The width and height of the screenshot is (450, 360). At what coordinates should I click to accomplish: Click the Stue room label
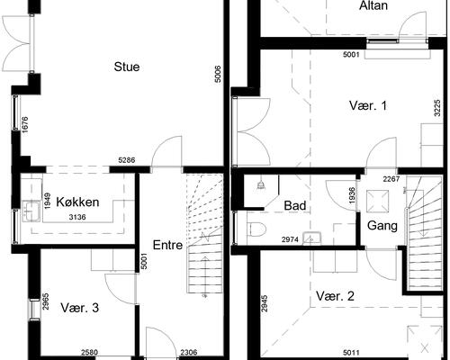point(127,67)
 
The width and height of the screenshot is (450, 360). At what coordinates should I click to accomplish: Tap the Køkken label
point(77,202)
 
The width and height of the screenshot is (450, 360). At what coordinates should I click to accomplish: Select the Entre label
point(167,245)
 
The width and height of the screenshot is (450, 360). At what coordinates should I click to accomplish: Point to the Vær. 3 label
point(79,308)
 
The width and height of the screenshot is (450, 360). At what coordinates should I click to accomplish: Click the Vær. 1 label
point(368,105)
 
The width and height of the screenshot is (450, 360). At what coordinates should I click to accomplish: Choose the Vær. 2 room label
point(335,296)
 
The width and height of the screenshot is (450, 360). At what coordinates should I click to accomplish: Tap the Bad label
point(295,205)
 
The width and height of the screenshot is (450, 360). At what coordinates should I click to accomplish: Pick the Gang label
point(382,226)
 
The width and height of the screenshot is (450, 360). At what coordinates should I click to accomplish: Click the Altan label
point(373,5)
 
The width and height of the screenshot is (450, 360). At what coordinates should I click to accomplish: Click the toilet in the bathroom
point(256,229)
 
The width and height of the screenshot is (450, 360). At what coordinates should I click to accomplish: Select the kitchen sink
point(31,211)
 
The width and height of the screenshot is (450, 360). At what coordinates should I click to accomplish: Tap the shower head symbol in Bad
point(260,185)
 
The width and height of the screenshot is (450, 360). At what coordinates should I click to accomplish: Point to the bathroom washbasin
point(312,238)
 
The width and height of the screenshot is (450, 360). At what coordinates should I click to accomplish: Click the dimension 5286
point(127,160)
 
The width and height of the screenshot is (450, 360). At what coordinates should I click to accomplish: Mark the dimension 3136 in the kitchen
point(77,217)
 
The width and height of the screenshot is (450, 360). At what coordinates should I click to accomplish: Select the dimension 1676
point(24,125)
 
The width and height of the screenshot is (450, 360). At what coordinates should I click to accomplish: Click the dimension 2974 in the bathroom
point(290,239)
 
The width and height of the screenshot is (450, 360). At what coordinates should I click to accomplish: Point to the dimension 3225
point(437,108)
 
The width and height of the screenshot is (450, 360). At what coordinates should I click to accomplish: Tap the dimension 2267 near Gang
point(391,179)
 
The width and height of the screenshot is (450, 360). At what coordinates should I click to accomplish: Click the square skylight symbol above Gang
point(377,199)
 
